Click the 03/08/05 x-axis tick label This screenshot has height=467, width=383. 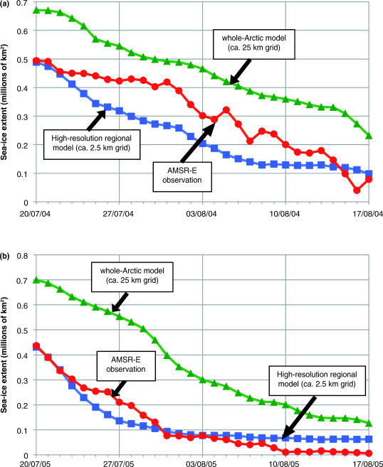(202, 461)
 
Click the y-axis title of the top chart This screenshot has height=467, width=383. (6, 103)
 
